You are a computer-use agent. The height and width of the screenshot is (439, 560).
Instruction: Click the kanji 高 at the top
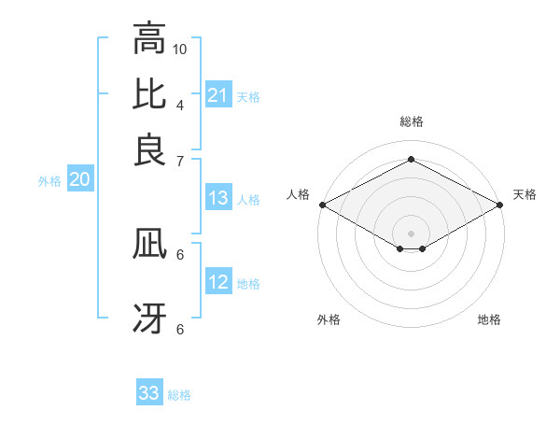pos(149,39)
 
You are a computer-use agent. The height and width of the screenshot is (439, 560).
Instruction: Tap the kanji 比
pos(149,95)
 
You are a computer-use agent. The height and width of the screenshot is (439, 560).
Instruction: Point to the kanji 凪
pos(149,246)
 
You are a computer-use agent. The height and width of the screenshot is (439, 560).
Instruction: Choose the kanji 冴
pos(149,319)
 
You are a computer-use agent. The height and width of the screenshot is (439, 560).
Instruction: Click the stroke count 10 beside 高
pos(180,48)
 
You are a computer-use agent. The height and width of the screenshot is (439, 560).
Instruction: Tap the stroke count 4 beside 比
pos(179,104)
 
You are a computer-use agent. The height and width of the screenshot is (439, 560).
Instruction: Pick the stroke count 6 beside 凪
pos(180,253)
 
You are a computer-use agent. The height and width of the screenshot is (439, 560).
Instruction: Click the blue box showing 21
pos(217,95)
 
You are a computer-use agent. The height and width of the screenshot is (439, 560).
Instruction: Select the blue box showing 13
pos(217,198)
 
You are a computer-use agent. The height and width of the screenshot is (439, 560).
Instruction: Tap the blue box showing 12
pos(217,282)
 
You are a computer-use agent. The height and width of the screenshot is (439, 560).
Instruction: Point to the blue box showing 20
pos(79,180)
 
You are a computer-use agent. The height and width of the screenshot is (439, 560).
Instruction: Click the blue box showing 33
pos(149,393)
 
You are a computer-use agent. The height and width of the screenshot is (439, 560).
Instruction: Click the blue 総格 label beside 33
pos(179,395)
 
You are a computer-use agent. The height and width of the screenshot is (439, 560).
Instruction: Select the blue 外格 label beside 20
pos(49,181)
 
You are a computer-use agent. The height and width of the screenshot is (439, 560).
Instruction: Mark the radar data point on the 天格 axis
pos(500,205)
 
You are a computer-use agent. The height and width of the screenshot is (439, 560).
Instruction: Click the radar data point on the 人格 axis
pos(321,205)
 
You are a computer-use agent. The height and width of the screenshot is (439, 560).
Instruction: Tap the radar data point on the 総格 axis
pos(411,160)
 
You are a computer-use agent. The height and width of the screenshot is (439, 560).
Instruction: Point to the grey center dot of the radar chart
pos(411,232)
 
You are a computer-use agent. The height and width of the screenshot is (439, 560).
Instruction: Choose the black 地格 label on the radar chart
pos(489,319)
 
